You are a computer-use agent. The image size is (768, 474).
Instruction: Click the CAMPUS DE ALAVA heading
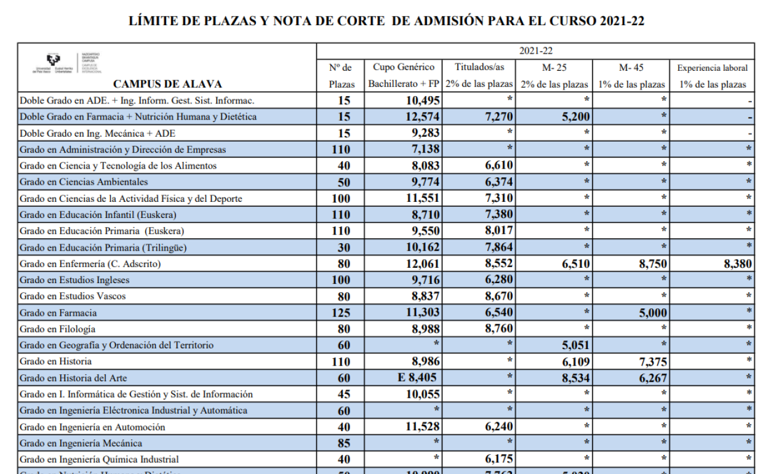[167, 84]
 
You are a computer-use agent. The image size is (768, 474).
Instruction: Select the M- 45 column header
[631, 68]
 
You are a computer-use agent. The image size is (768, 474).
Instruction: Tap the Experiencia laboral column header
[712, 68]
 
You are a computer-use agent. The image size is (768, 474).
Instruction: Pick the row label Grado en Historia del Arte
[73, 378]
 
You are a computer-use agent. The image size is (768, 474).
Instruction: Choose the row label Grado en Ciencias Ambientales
[84, 182]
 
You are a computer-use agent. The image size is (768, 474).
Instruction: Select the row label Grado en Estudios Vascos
[73, 296]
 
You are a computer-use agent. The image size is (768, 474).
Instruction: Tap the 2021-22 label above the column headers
[535, 51]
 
